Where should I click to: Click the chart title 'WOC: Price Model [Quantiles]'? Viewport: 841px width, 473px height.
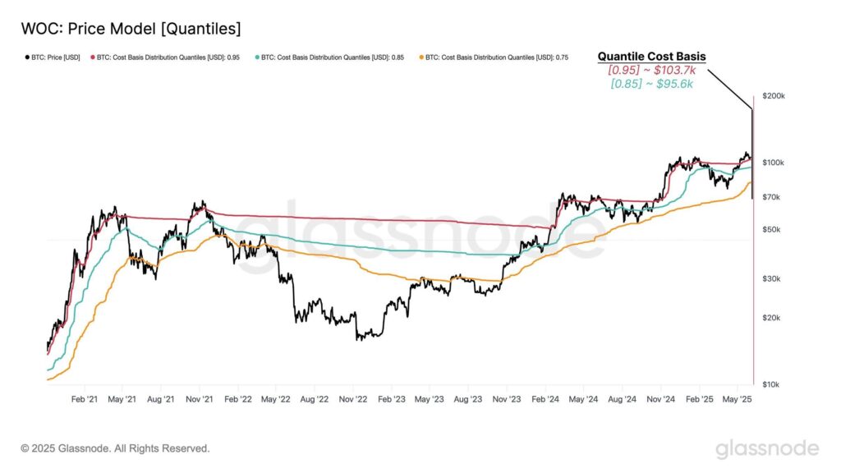tap(131, 29)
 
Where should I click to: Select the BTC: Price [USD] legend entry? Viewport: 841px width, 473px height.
tap(50, 58)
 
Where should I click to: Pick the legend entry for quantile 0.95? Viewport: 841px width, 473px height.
tap(165, 58)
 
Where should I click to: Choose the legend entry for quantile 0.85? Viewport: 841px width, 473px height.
tap(329, 58)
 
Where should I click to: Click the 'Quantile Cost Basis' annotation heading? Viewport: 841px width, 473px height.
tap(651, 57)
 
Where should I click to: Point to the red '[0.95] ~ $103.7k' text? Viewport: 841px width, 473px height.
tap(651, 71)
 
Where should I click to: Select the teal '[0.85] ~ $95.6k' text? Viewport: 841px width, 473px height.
tap(651, 84)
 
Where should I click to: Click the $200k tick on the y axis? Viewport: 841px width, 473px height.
tap(774, 96)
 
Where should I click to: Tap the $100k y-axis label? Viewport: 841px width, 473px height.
tap(774, 163)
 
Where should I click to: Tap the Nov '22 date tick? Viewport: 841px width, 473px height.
tap(353, 399)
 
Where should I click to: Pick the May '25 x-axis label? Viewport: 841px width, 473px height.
tap(737, 399)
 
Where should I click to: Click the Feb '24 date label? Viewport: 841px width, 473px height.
tap(545, 399)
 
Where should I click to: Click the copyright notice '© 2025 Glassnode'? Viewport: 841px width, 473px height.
tap(115, 448)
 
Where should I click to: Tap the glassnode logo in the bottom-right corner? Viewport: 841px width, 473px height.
tap(767, 448)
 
